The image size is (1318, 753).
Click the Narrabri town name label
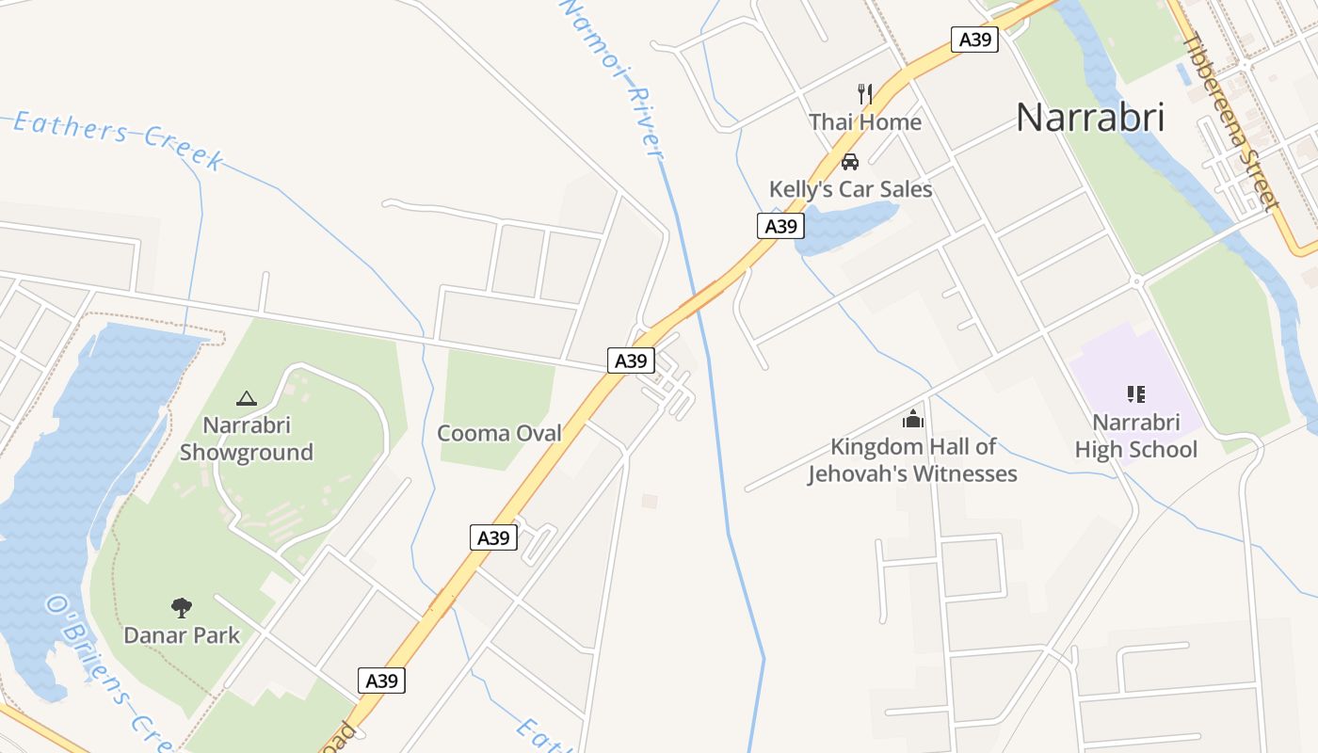[x=1090, y=117]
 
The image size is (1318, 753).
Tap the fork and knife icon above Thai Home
[x=865, y=93]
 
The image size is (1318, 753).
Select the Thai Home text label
[x=865, y=122]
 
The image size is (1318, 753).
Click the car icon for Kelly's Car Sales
[x=850, y=161]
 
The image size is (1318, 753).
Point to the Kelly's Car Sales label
[x=850, y=189]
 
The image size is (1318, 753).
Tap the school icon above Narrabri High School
[x=1135, y=394]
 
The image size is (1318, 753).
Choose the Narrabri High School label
[x=1136, y=436]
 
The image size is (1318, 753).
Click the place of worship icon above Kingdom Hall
[x=913, y=419]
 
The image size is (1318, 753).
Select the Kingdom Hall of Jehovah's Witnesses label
[x=912, y=460]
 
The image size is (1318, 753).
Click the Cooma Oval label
[x=499, y=433]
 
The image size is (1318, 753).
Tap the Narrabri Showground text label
[x=246, y=439]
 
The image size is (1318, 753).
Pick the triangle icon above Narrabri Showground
[x=246, y=399]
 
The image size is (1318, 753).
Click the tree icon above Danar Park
[x=182, y=608]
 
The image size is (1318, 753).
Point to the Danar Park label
[x=182, y=635]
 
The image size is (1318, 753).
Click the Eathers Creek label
[x=118, y=139]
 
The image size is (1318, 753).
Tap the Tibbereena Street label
[x=1230, y=120]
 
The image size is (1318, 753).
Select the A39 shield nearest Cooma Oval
[x=631, y=360]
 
